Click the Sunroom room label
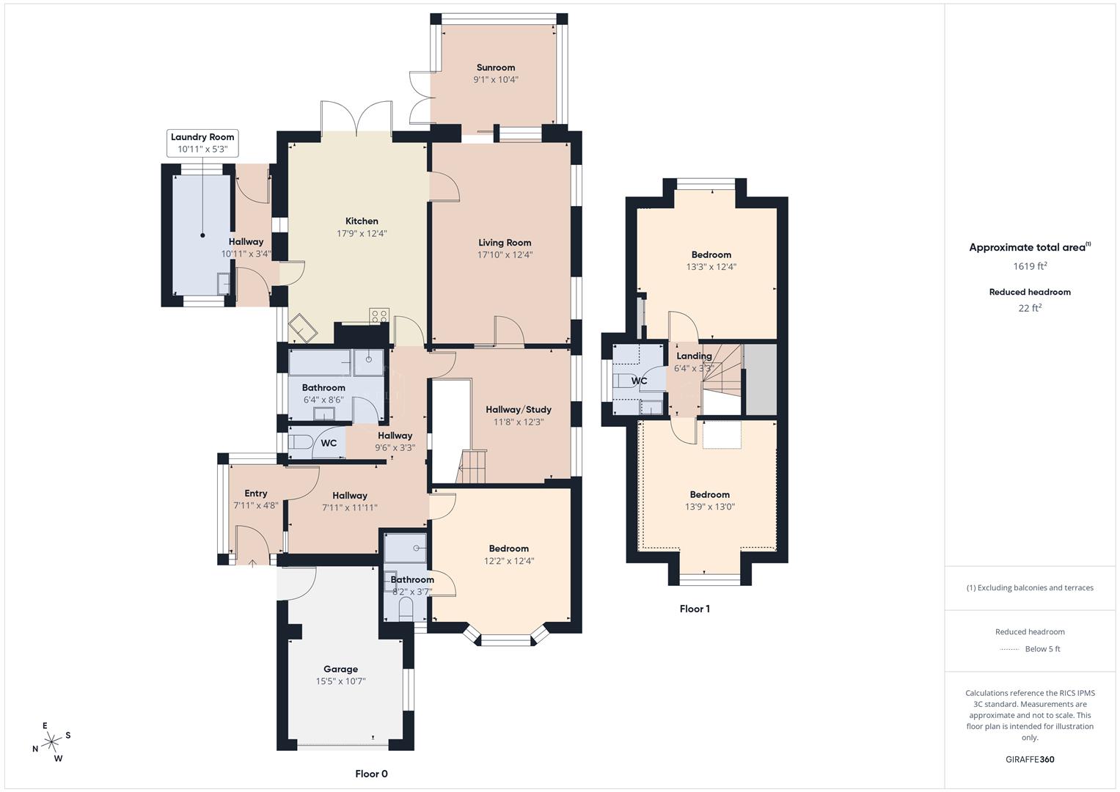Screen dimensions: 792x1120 (495, 67)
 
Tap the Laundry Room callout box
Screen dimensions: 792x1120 (202, 143)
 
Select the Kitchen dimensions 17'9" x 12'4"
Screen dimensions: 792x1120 (362, 234)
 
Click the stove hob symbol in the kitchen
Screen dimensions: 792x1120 (379, 316)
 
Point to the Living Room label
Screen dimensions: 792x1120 (505, 243)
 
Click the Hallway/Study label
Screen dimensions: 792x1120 (519, 410)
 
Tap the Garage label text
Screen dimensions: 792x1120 (340, 669)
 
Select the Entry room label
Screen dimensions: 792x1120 (255, 494)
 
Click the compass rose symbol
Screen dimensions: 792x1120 (51, 742)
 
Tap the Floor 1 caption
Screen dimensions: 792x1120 (695, 609)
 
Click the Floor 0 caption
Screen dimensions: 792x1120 (371, 774)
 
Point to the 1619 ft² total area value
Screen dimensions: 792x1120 (1030, 266)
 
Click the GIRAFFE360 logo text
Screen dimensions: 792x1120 (1030, 760)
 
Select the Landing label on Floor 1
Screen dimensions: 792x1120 (694, 356)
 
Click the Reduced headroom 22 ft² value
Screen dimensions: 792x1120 (1030, 308)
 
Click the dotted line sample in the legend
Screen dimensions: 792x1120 (1009, 649)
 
